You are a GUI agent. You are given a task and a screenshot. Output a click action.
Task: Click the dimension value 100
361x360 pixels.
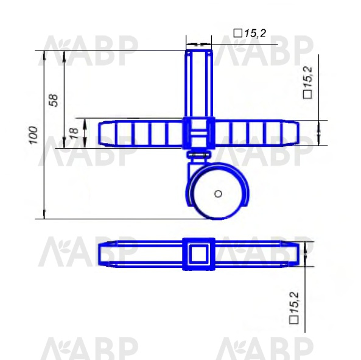pos(33,135)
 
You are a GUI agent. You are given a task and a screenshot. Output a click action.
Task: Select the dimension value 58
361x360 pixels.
pos(54,100)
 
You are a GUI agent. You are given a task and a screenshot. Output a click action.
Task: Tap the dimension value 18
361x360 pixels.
pos(74,133)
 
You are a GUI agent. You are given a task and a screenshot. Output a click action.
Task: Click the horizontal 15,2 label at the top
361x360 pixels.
pos(255,34)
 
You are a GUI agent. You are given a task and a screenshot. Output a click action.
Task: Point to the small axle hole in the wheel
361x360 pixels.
pos(218,194)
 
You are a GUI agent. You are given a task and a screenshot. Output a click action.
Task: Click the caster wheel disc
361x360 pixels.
pos(218,194)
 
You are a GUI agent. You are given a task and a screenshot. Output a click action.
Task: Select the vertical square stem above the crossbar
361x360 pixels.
pos(199,84)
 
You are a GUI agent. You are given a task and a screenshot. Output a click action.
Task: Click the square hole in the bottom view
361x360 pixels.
pos(198,253)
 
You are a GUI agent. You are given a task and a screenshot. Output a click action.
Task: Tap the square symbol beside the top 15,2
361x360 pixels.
pos(238,33)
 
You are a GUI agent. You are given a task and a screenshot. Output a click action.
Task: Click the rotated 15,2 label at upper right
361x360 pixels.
pos(308,77)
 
